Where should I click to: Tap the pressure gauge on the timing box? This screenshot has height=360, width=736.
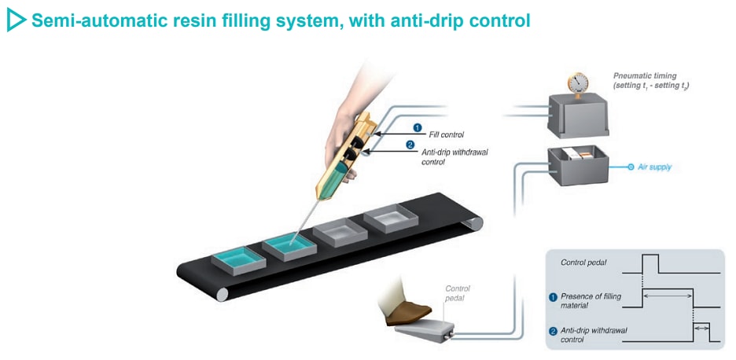(x=581, y=83)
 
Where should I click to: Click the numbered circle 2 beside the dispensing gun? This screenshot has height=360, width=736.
(x=409, y=144)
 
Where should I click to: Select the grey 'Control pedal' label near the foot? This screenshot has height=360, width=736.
(x=458, y=292)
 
